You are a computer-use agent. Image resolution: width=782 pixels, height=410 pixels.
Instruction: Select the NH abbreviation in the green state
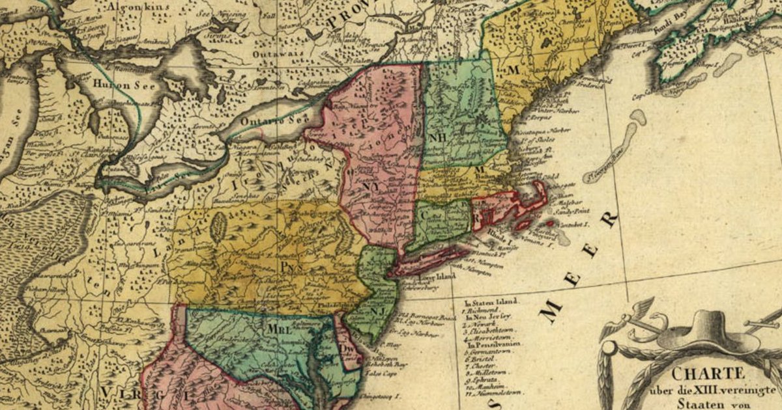[436, 137]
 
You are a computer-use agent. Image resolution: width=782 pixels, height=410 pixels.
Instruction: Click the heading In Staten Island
[491, 301]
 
